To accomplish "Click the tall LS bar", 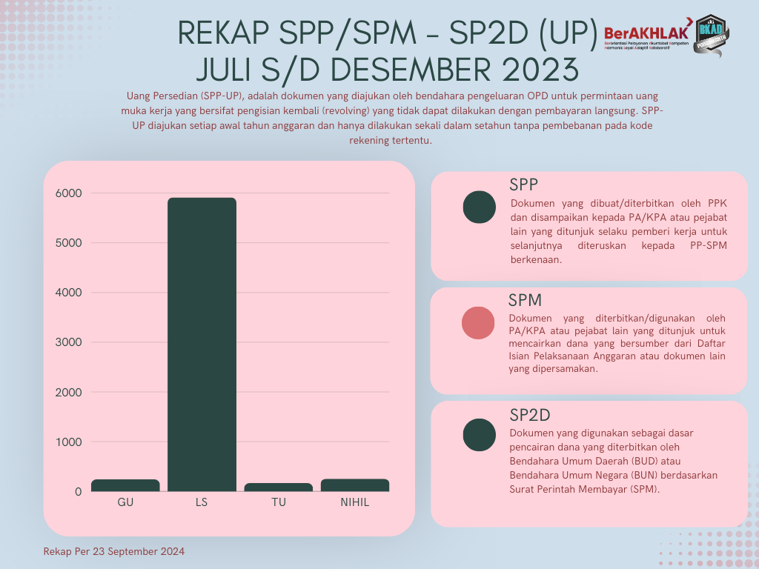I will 202,344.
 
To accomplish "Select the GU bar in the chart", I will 125,485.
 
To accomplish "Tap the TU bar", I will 279,487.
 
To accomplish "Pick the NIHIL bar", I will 354,485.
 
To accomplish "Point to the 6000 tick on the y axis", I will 68,193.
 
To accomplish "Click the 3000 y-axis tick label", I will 68,342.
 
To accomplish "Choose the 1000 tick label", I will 68,442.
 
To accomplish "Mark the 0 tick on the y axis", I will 77,492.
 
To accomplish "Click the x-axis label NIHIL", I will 354,502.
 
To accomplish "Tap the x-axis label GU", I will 125,502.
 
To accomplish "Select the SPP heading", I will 523,184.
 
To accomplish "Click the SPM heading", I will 525,300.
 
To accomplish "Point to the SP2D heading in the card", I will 529,414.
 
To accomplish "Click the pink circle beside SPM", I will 478,323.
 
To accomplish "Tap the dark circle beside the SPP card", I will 479,207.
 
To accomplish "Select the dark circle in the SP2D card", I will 479,435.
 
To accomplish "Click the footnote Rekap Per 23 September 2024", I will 114,552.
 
